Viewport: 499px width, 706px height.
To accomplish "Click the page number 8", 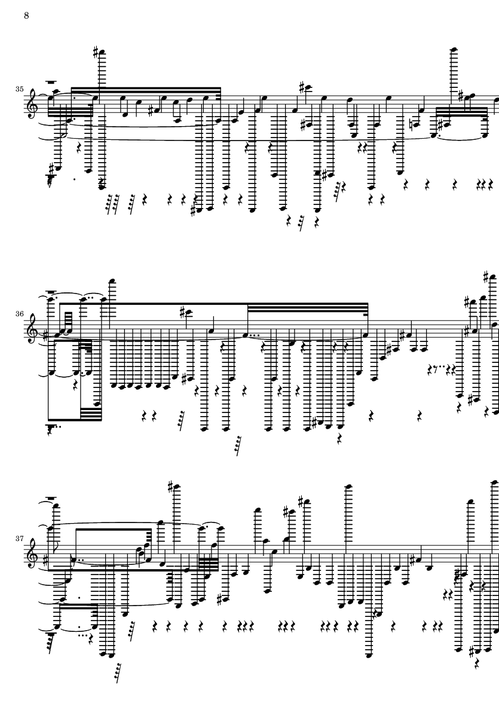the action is [x=26, y=16].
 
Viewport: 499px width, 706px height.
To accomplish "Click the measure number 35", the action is [x=20, y=89].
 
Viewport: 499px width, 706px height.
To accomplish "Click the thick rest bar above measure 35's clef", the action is [x=51, y=83].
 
